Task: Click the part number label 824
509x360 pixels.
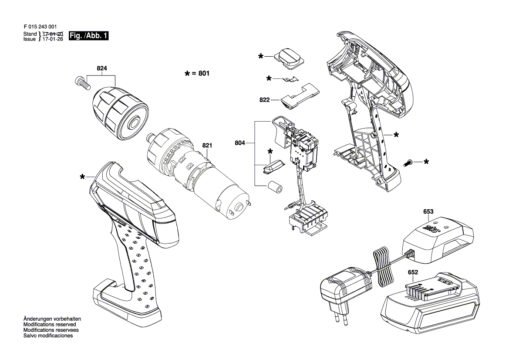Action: pyautogui.click(x=102, y=68)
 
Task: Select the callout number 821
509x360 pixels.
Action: pyautogui.click(x=206, y=146)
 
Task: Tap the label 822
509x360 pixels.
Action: pyautogui.click(x=264, y=100)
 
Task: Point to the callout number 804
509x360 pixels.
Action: pyautogui.click(x=240, y=143)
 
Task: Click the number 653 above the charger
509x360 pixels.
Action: pyautogui.click(x=428, y=212)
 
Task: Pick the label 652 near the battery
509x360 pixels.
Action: pyautogui.click(x=413, y=273)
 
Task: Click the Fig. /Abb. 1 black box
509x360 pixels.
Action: pyautogui.click(x=88, y=36)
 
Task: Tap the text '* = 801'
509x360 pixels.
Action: pyautogui.click(x=197, y=74)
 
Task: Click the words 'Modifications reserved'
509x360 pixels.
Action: pyautogui.click(x=50, y=325)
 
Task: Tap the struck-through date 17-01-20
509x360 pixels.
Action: pyautogui.click(x=53, y=34)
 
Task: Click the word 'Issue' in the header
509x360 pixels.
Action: pyautogui.click(x=30, y=39)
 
